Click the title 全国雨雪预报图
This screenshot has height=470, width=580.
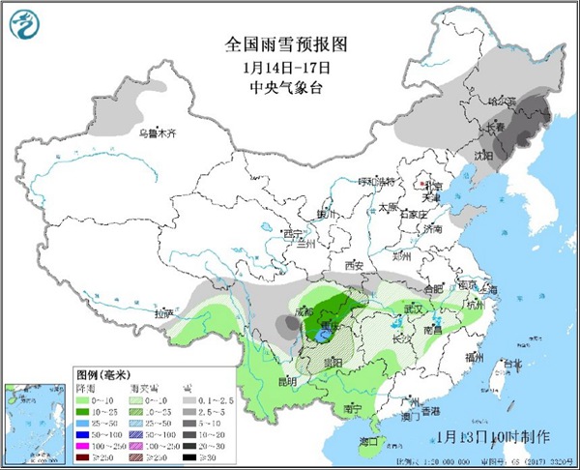point(285,44)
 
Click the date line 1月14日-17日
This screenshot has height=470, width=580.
point(285,67)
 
